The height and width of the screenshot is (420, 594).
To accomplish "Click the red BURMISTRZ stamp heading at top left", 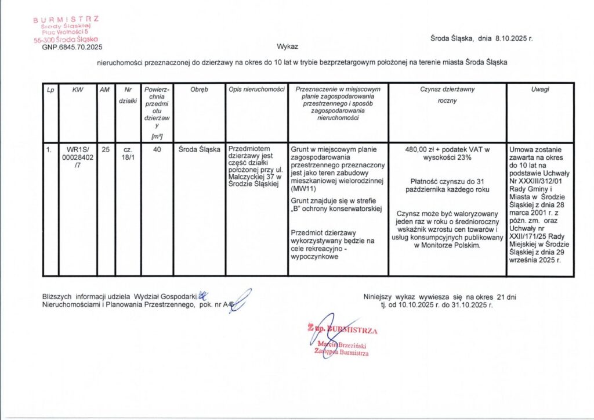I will coord(66,19).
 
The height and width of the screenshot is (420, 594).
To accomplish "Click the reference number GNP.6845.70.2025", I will coord(72,47).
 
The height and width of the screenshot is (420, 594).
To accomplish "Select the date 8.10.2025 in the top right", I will coord(511,38).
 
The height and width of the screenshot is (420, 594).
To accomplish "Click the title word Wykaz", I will coord(287,46).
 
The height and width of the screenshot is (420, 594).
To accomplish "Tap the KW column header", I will coord(78,89).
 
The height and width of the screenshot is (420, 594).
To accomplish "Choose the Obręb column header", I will coord(199,89).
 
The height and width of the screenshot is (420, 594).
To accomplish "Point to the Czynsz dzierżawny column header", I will coord(447,89).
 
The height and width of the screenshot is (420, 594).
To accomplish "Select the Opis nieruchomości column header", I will coord(256,89).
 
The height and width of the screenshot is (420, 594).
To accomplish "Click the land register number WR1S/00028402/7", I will coord(78,157).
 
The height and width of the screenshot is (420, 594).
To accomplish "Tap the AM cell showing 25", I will coord(105,149).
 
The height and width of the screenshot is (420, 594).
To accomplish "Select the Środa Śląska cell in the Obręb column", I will coord(199,149).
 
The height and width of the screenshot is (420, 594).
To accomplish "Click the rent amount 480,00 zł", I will coord(422,149).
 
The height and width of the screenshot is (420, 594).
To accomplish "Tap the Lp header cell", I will coord(51,89).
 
